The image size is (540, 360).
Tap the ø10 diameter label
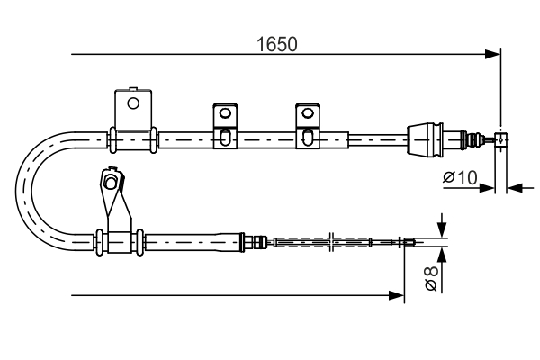[x=460, y=177]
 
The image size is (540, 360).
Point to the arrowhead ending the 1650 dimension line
[x=493, y=55]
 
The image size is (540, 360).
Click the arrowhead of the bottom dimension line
[x=396, y=294]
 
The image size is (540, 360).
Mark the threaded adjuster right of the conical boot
[x=469, y=139]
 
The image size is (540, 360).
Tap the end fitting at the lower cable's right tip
[x=408, y=240]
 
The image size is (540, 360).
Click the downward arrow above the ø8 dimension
[x=441, y=226]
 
